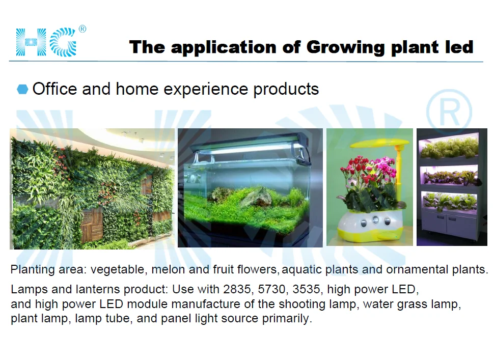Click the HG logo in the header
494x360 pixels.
click(46, 42)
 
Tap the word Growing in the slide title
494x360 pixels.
click(346, 47)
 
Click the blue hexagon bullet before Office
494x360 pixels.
click(22, 89)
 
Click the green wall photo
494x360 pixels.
click(92, 189)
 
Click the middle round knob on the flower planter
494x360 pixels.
click(375, 219)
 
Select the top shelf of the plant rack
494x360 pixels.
click(450, 148)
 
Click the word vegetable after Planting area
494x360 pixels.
click(117, 270)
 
